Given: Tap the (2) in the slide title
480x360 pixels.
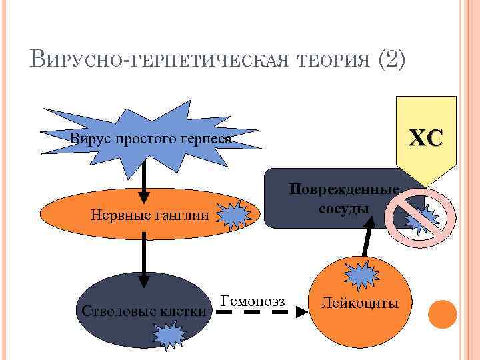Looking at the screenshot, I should pyautogui.click(x=391, y=61).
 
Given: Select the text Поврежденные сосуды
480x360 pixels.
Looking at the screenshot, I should pyautogui.click(x=344, y=199).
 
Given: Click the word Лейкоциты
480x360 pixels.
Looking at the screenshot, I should pyautogui.click(x=359, y=304).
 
